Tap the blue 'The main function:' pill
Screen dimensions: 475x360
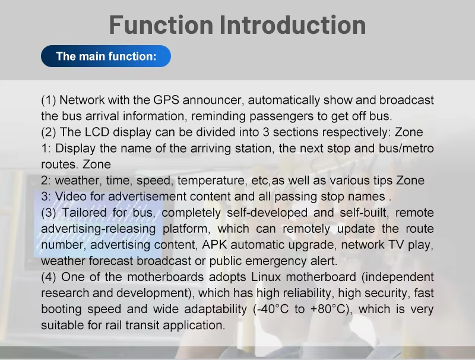click(x=106, y=56)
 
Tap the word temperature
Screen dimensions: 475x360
click(x=212, y=181)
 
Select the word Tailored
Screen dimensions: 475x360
click(x=84, y=213)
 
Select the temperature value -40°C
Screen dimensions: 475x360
click(x=271, y=309)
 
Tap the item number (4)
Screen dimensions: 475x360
click(x=49, y=277)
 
